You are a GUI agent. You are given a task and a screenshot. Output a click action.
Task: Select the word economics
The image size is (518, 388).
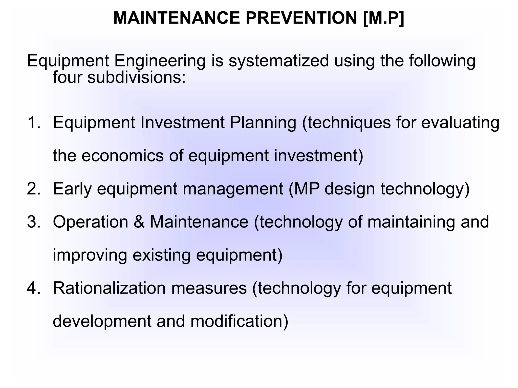click(x=123, y=155)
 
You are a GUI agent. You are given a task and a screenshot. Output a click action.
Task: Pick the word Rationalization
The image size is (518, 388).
click(x=109, y=288)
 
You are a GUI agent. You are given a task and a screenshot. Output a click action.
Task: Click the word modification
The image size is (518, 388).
click(x=239, y=321)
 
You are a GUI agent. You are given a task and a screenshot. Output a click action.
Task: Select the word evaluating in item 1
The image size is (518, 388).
click(x=460, y=123)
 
